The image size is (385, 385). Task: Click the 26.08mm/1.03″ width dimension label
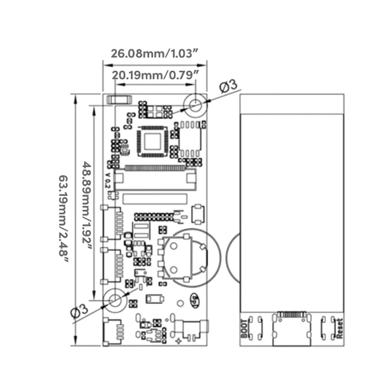pos(155,53)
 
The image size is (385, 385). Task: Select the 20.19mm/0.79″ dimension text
pos(155,75)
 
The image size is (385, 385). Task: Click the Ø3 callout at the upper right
pos(229,87)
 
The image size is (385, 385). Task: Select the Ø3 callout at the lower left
pos(79,311)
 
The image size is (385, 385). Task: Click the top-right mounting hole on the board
pos(195,104)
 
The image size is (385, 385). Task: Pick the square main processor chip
pos(152,141)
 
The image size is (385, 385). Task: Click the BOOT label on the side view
pos(245,329)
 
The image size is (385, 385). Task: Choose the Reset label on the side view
pos(340,329)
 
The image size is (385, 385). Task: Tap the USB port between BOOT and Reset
pos(292,332)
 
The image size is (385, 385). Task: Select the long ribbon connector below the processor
pos(155,168)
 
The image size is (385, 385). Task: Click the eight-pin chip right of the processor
pos(190,141)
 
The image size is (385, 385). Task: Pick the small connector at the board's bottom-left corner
pos(114,332)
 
